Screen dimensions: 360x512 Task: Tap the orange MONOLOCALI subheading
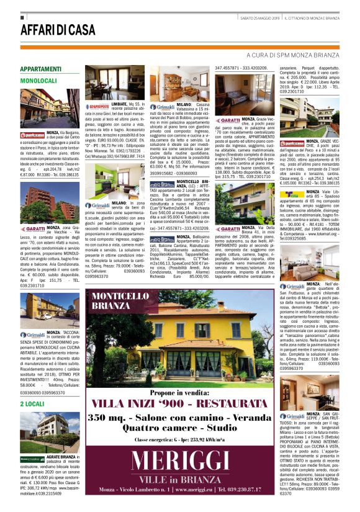pos(38,81)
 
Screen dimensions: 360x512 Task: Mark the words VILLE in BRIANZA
pos(182,480)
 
